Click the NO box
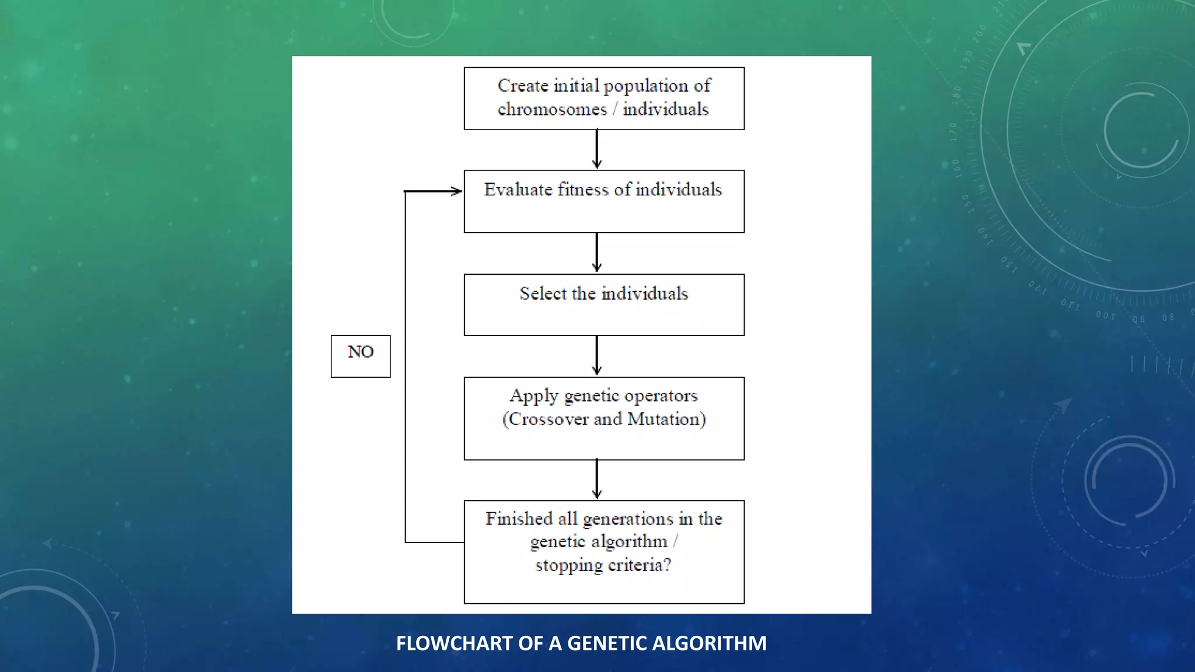(x=361, y=356)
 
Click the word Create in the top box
(x=522, y=86)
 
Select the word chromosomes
(x=552, y=110)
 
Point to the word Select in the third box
(x=543, y=293)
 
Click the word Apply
(x=534, y=396)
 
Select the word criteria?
(x=640, y=565)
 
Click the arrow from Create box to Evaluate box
(x=596, y=149)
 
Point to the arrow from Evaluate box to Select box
(x=596, y=253)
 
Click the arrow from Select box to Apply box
(x=596, y=356)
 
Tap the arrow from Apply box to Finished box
(x=596, y=480)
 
